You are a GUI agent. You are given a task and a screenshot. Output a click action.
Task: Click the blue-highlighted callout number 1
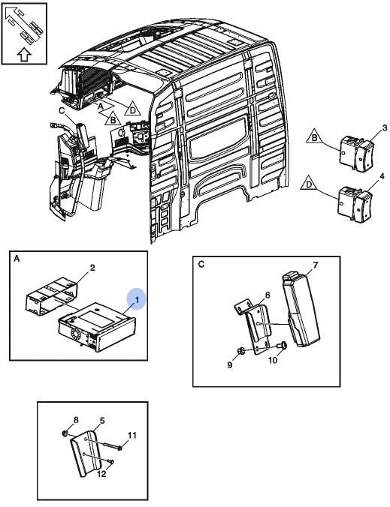pyautogui.click(x=137, y=300)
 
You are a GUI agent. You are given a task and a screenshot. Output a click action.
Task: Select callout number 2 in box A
pyautogui.click(x=92, y=268)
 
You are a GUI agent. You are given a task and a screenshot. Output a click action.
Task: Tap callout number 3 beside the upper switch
pyautogui.click(x=385, y=128)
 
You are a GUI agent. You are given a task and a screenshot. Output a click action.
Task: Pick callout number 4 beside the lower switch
pyautogui.click(x=382, y=176)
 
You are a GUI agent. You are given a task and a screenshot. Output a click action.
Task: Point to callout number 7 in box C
pyautogui.click(x=315, y=265)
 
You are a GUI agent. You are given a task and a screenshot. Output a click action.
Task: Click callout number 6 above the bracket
pyautogui.click(x=268, y=295)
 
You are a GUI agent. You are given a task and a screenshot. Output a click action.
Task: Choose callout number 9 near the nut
pyautogui.click(x=230, y=365)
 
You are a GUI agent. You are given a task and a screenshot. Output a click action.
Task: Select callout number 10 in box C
pyautogui.click(x=273, y=360)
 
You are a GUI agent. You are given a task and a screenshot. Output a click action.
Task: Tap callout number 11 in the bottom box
pyautogui.click(x=132, y=435)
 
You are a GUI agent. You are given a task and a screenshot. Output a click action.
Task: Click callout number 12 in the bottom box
pyautogui.click(x=101, y=474)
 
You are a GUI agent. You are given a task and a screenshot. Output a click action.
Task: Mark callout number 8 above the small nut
pyautogui.click(x=76, y=420)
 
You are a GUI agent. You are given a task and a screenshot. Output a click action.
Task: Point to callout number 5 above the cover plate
pyautogui.click(x=102, y=421)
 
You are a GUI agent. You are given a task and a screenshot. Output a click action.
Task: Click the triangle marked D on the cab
pyautogui.click(x=132, y=109)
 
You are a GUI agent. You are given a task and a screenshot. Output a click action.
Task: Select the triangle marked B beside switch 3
pyautogui.click(x=314, y=136)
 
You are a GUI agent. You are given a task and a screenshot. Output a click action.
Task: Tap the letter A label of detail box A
pyautogui.click(x=17, y=259)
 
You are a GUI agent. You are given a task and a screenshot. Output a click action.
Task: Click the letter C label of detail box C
pyautogui.click(x=201, y=264)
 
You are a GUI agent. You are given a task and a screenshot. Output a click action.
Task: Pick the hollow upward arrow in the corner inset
pyautogui.click(x=23, y=55)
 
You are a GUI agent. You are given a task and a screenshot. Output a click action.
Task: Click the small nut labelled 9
pyautogui.click(x=240, y=350)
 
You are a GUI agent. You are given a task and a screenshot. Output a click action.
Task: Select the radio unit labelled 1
pyautogui.click(x=96, y=326)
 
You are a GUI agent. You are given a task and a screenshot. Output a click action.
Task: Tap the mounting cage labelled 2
pyautogui.click(x=52, y=295)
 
